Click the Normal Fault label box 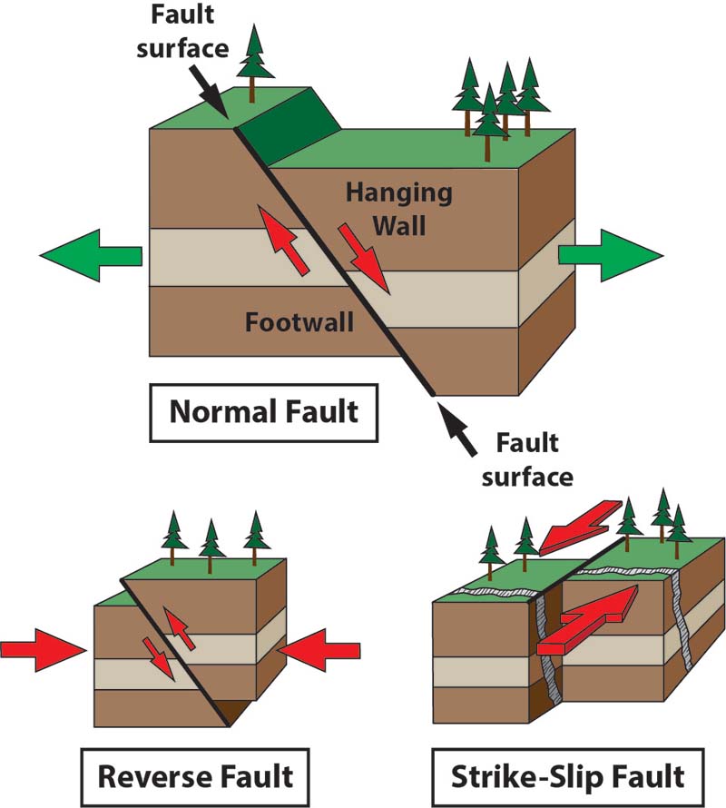(x=264, y=412)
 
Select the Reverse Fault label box (x=195, y=776)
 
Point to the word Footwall (x=299, y=322)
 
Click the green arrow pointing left (x=91, y=254)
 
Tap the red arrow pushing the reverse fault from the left (x=40, y=650)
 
